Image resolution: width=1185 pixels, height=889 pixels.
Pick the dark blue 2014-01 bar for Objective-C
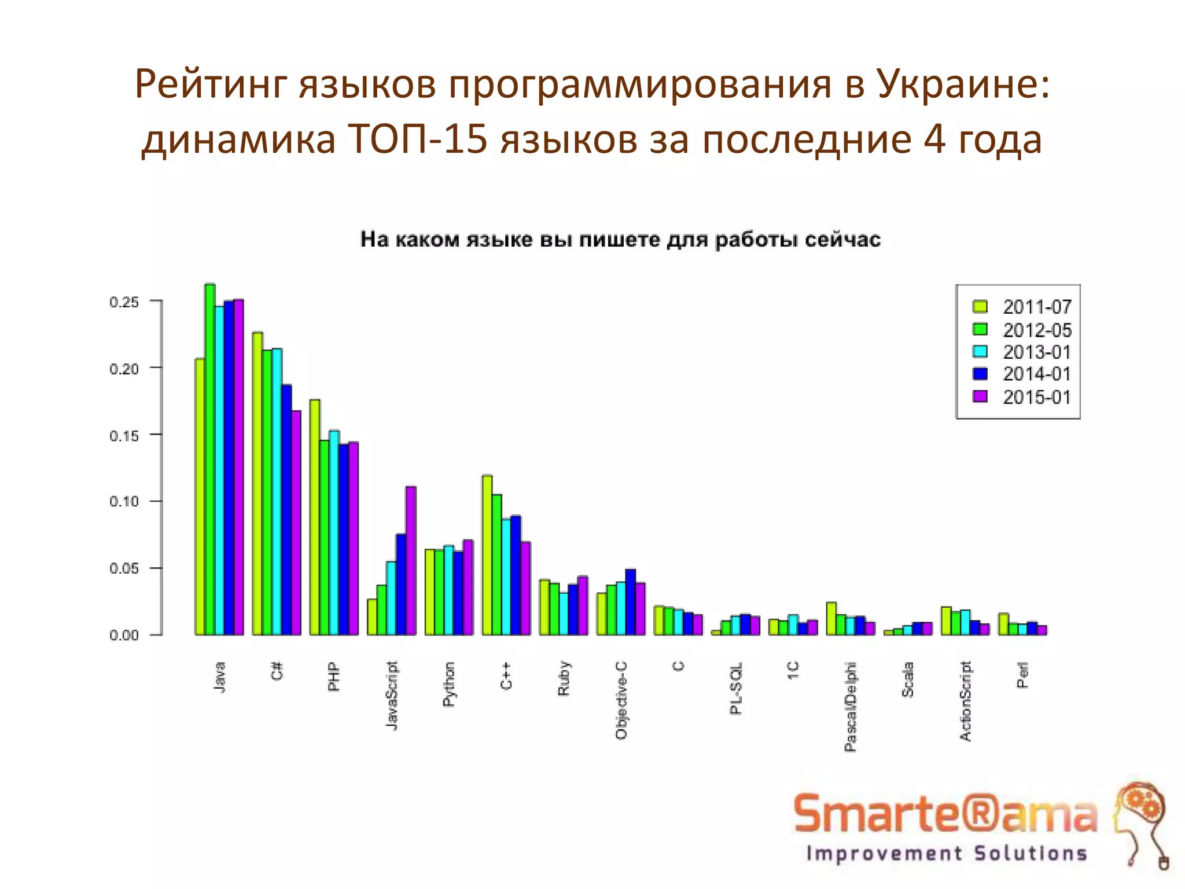631,602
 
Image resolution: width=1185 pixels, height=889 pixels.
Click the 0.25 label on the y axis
124,302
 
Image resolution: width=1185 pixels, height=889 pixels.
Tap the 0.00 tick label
124,635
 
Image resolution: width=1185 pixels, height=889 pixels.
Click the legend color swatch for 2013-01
980,352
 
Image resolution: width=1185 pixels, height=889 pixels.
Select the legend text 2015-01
1037,397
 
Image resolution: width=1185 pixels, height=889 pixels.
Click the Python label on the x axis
449,684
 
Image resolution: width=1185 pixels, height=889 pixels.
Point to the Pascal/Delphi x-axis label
850,707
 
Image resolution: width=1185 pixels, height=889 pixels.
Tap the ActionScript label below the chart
965,701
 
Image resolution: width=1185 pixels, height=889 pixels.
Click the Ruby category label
564,678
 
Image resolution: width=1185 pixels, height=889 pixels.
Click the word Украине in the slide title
962,85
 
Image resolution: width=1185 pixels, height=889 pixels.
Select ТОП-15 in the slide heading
418,140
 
